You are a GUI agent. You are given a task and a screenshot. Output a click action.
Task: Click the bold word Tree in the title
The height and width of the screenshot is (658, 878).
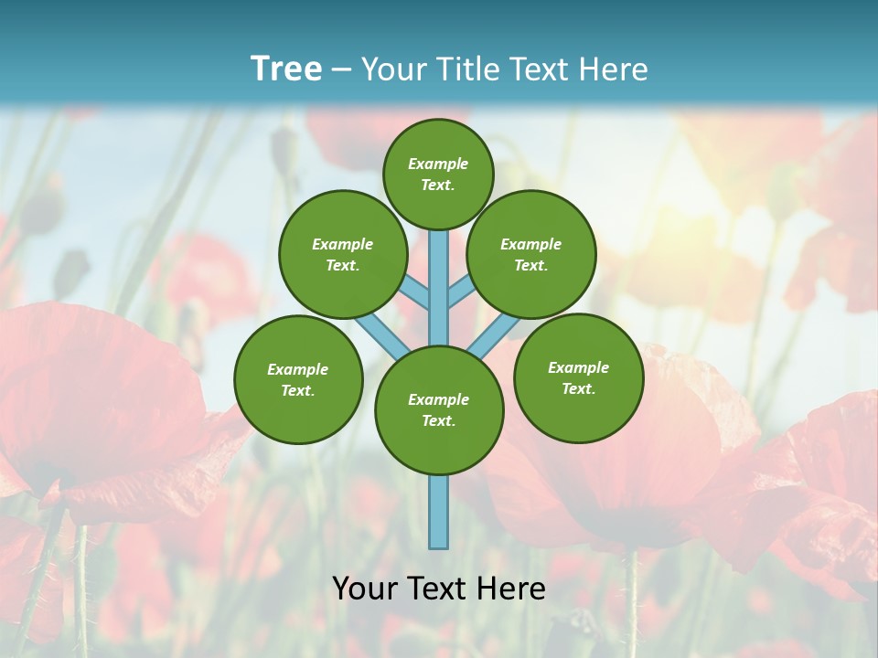point(286,69)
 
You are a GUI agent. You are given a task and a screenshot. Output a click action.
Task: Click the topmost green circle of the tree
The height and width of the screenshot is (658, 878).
point(438,174)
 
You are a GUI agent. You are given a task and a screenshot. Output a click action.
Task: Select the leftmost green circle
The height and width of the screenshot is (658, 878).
point(298,379)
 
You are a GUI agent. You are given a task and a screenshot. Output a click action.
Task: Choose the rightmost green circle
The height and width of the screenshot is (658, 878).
point(578,377)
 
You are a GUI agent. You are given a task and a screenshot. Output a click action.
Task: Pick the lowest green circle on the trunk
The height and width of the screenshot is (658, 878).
point(439,409)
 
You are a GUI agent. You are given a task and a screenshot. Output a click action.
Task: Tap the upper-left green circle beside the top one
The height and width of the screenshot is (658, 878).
point(342,254)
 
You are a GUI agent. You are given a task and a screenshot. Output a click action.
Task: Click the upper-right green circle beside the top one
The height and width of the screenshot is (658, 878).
point(530,254)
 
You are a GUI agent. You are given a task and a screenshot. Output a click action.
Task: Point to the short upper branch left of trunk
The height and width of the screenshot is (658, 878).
point(416,294)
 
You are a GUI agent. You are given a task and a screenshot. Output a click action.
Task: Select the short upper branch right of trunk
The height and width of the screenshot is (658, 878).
point(461,294)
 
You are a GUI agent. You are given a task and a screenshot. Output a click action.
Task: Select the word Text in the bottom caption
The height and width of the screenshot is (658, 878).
point(439,589)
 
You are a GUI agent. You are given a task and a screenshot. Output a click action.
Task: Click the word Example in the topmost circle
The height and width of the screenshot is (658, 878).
point(438,164)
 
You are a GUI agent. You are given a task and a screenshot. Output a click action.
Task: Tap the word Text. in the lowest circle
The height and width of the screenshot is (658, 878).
point(438,420)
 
